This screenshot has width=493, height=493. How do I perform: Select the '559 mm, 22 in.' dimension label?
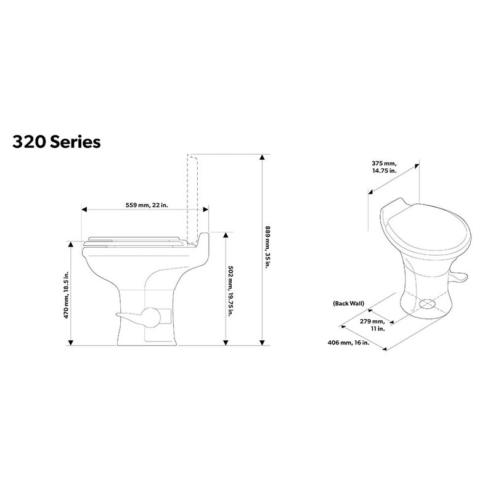click(144, 204)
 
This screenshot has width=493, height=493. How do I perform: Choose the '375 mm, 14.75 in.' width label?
click(385, 166)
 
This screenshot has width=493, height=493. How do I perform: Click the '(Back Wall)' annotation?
click(349, 304)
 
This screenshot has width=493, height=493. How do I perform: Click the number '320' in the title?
click(28, 142)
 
